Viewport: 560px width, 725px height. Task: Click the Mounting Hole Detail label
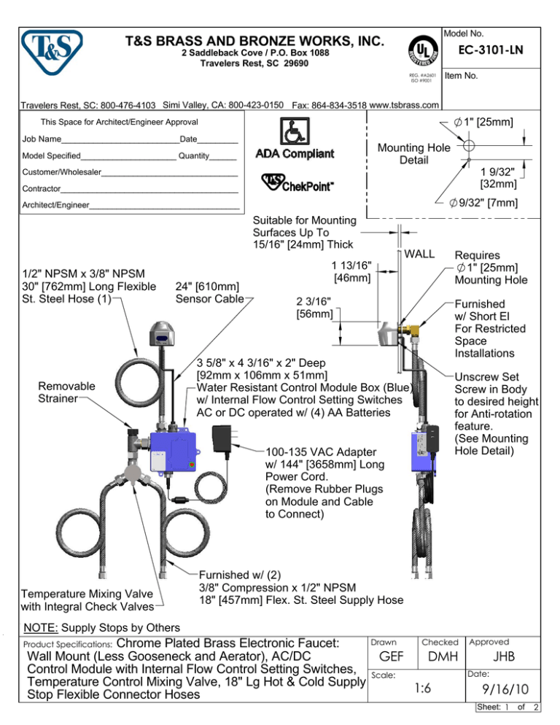413,152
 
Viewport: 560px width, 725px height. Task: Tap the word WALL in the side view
420,254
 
